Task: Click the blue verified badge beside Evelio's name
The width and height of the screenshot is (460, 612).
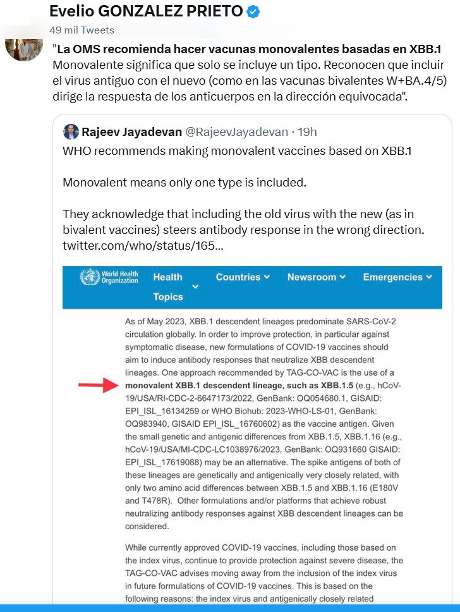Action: [x=252, y=12]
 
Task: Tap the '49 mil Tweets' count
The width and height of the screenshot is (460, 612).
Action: [x=82, y=30]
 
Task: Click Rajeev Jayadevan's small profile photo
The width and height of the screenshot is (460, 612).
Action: [x=71, y=132]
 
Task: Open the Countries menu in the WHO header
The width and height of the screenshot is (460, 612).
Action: [x=243, y=277]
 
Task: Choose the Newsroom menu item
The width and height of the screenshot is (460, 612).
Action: [x=316, y=277]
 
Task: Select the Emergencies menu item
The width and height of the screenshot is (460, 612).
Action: [x=397, y=277]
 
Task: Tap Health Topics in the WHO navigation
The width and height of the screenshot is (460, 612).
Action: [x=168, y=286]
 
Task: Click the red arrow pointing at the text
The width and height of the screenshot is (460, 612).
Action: [x=99, y=386]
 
